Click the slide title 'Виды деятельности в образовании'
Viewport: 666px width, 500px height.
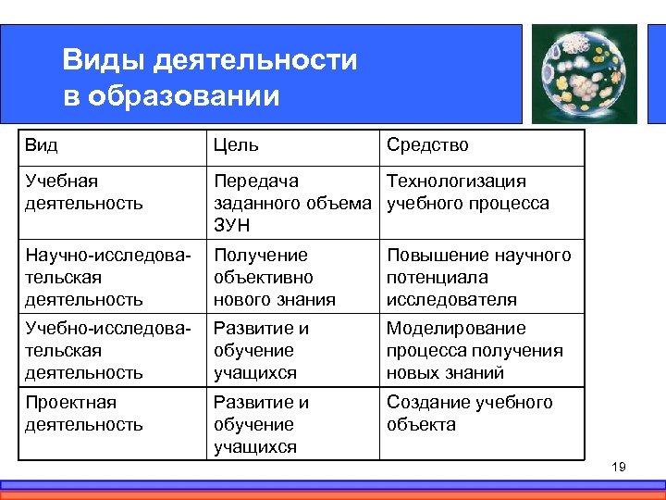(209, 78)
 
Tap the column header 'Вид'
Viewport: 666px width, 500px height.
(42, 144)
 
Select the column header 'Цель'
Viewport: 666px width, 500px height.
(236, 144)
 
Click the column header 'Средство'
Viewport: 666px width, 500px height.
(427, 144)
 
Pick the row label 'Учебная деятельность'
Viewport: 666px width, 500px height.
(84, 192)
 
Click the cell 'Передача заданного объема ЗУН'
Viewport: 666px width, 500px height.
(291, 203)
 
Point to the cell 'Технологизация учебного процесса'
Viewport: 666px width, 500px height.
(467, 192)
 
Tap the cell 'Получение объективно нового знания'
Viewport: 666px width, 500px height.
(275, 277)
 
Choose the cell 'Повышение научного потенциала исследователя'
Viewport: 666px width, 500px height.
(478, 277)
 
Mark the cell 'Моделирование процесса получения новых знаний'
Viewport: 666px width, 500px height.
(475, 350)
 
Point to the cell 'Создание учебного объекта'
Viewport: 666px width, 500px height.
(469, 413)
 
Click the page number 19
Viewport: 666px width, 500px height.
(619, 467)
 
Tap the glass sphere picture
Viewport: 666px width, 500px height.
(585, 73)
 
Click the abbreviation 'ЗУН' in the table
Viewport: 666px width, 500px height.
(232, 226)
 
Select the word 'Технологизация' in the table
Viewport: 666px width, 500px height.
(456, 181)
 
